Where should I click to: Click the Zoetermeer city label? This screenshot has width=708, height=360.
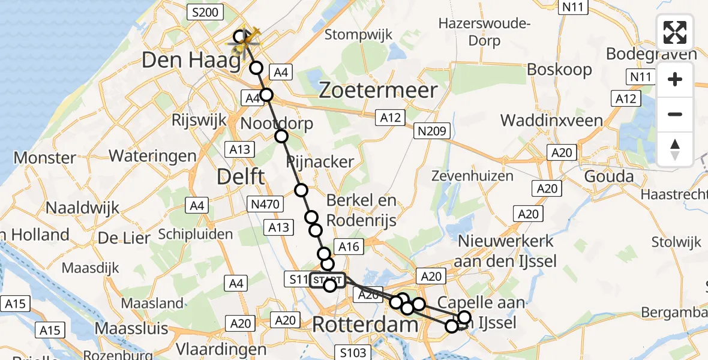[378, 90]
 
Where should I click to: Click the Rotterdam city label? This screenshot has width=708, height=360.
[365, 325]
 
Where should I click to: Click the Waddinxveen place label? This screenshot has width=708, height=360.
[551, 120]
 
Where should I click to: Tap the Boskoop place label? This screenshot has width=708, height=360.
[559, 69]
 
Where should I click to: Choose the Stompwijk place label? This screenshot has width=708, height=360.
[359, 34]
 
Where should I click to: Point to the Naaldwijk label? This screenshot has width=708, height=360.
[83, 208]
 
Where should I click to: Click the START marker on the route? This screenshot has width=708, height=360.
[328, 280]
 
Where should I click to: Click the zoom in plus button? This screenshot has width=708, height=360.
[675, 79]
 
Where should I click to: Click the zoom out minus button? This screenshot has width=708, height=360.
[675, 114]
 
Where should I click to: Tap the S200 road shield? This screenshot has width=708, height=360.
[205, 11]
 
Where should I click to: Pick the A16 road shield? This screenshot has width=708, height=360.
[349, 245]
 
